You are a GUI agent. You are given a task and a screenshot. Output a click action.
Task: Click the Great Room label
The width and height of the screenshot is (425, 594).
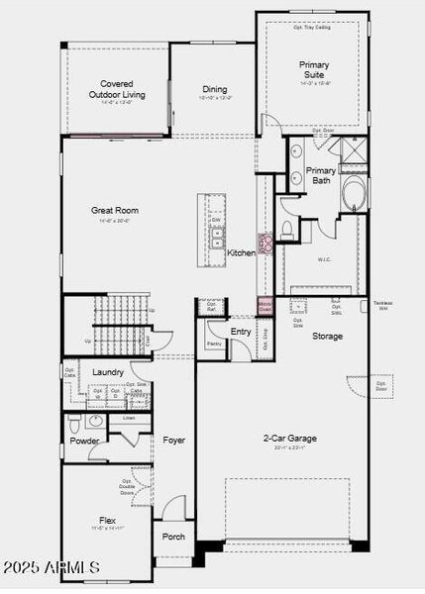[x=115, y=210]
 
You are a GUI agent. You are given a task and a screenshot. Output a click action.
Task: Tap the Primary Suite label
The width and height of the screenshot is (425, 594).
[x=314, y=69]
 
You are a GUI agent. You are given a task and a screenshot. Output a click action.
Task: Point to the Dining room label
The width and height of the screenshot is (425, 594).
[x=215, y=89]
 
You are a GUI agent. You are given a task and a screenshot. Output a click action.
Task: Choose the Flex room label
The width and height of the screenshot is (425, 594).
[x=107, y=520]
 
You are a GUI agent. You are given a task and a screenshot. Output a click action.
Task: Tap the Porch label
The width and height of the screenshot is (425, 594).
[x=173, y=537]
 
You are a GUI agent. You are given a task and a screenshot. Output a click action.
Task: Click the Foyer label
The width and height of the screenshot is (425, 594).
[x=174, y=441]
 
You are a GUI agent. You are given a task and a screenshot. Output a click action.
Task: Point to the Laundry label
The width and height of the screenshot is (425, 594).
[x=108, y=372]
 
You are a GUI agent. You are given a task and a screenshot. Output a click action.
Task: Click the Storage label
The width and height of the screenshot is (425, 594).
[x=328, y=337]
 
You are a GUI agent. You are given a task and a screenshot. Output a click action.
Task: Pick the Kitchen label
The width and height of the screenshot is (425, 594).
[x=241, y=253]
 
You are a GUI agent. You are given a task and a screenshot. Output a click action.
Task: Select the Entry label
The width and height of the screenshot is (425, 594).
[x=241, y=332]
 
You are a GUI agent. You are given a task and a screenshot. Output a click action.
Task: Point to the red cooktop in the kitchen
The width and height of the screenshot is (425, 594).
[x=265, y=243]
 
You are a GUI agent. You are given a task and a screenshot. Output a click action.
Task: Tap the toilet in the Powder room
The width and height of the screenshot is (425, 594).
[x=75, y=425]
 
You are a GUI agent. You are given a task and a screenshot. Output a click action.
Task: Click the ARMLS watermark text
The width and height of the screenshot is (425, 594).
[x=52, y=567]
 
